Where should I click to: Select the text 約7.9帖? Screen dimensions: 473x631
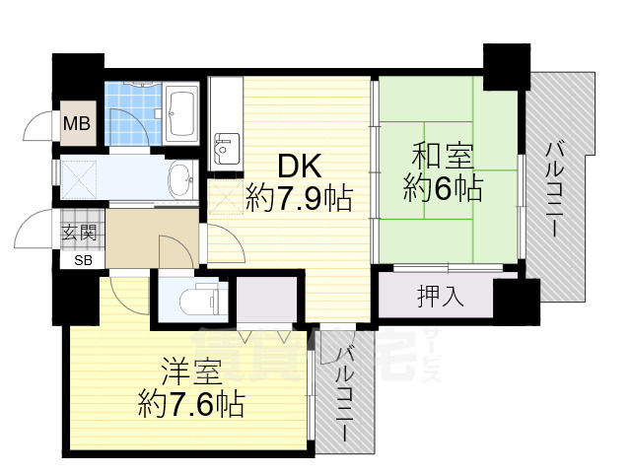299,200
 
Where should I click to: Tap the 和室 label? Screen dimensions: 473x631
442,156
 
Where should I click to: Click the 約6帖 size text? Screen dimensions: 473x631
443,187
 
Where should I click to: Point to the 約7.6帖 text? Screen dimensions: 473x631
191,403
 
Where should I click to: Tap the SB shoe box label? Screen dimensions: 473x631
79,261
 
